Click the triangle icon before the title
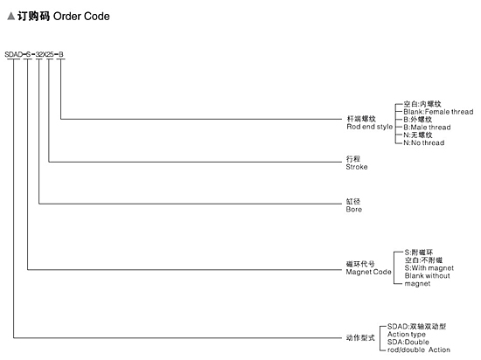pyautogui.click(x=11, y=16)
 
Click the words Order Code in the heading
pyautogui.click(x=81, y=17)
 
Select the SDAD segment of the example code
pyautogui.click(x=13, y=54)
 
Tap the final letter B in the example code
pyautogui.click(x=60, y=54)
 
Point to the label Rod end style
pyautogui.click(x=370, y=127)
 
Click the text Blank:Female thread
pyautogui.click(x=438, y=112)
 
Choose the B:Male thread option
pyautogui.click(x=427, y=128)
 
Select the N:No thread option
pyautogui.click(x=424, y=142)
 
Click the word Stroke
pyautogui.click(x=357, y=167)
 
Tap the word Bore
pyautogui.click(x=353, y=209)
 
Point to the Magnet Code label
pyautogui.click(x=368, y=272)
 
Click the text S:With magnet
pyautogui.click(x=429, y=268)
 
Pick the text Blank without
pyautogui.click(x=428, y=276)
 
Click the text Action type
pyautogui.click(x=407, y=335)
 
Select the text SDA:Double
pyautogui.click(x=408, y=342)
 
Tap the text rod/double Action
pyautogui.click(x=419, y=350)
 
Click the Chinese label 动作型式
pyautogui.click(x=360, y=338)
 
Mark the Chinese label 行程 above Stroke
pyautogui.click(x=353, y=159)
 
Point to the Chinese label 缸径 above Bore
pyautogui.click(x=353, y=201)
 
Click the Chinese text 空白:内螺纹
pyautogui.click(x=422, y=104)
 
